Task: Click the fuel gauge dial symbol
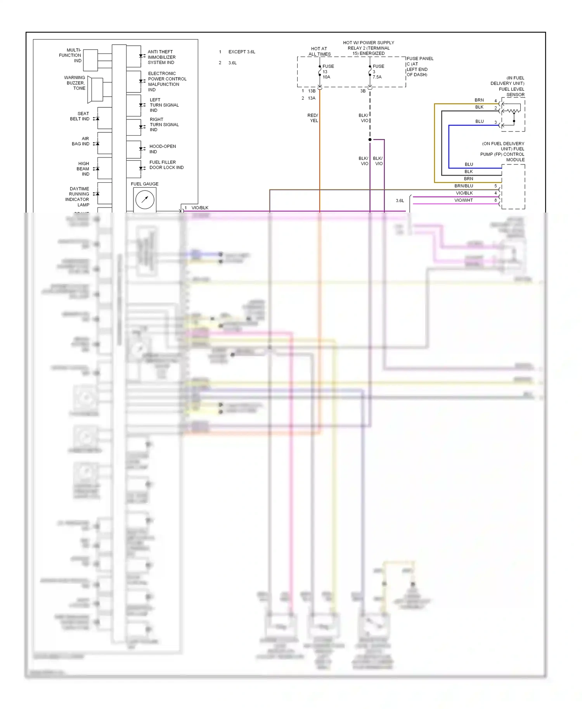click(145, 200)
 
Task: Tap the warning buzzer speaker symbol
click(95, 90)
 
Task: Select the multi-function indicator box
click(90, 60)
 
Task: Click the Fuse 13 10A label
click(327, 72)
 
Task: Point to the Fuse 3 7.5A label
click(378, 72)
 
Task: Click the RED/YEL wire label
click(313, 118)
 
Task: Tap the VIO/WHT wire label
click(464, 200)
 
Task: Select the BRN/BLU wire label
click(464, 186)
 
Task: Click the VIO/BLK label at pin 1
click(200, 208)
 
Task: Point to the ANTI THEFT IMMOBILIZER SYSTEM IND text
click(161, 57)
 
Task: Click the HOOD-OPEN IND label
click(163, 149)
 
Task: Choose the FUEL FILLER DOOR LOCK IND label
click(166, 165)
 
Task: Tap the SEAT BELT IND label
click(80, 116)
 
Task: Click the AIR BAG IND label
click(81, 141)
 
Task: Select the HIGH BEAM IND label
click(83, 169)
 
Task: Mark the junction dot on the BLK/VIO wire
click(370, 140)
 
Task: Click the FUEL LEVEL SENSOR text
click(511, 92)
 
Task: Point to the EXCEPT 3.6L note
click(241, 52)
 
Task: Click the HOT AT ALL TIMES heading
click(319, 52)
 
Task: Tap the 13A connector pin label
click(312, 98)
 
